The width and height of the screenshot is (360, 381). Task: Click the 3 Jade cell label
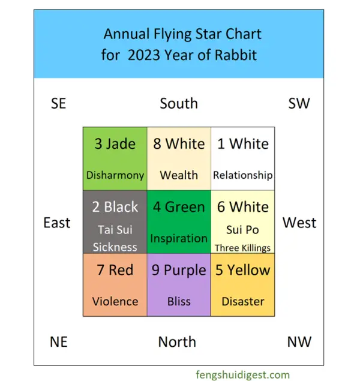point(115,144)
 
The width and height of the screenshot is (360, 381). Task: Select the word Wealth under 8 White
point(179,175)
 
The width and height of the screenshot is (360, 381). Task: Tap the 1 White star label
point(243,144)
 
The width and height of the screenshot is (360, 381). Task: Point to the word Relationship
point(243,175)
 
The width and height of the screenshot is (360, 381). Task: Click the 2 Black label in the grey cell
point(115,207)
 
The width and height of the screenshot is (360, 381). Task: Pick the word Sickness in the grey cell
point(115,247)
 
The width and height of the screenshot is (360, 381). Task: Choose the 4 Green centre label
point(179,207)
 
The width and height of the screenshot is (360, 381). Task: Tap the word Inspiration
point(179,238)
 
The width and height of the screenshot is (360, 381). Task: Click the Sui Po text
point(243,230)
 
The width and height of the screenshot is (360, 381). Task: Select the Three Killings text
point(243,247)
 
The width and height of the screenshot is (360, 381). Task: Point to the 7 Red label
point(115,270)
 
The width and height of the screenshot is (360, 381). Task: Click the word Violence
point(115,301)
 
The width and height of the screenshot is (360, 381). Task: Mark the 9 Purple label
point(179,270)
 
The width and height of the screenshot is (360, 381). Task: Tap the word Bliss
point(179,301)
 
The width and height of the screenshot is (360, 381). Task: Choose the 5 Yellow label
point(243,270)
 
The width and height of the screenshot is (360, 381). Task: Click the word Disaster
point(243,301)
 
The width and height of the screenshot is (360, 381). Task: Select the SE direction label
point(58,103)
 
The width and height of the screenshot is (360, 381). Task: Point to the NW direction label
point(299,342)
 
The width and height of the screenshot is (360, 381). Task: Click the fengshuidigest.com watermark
point(242,374)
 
